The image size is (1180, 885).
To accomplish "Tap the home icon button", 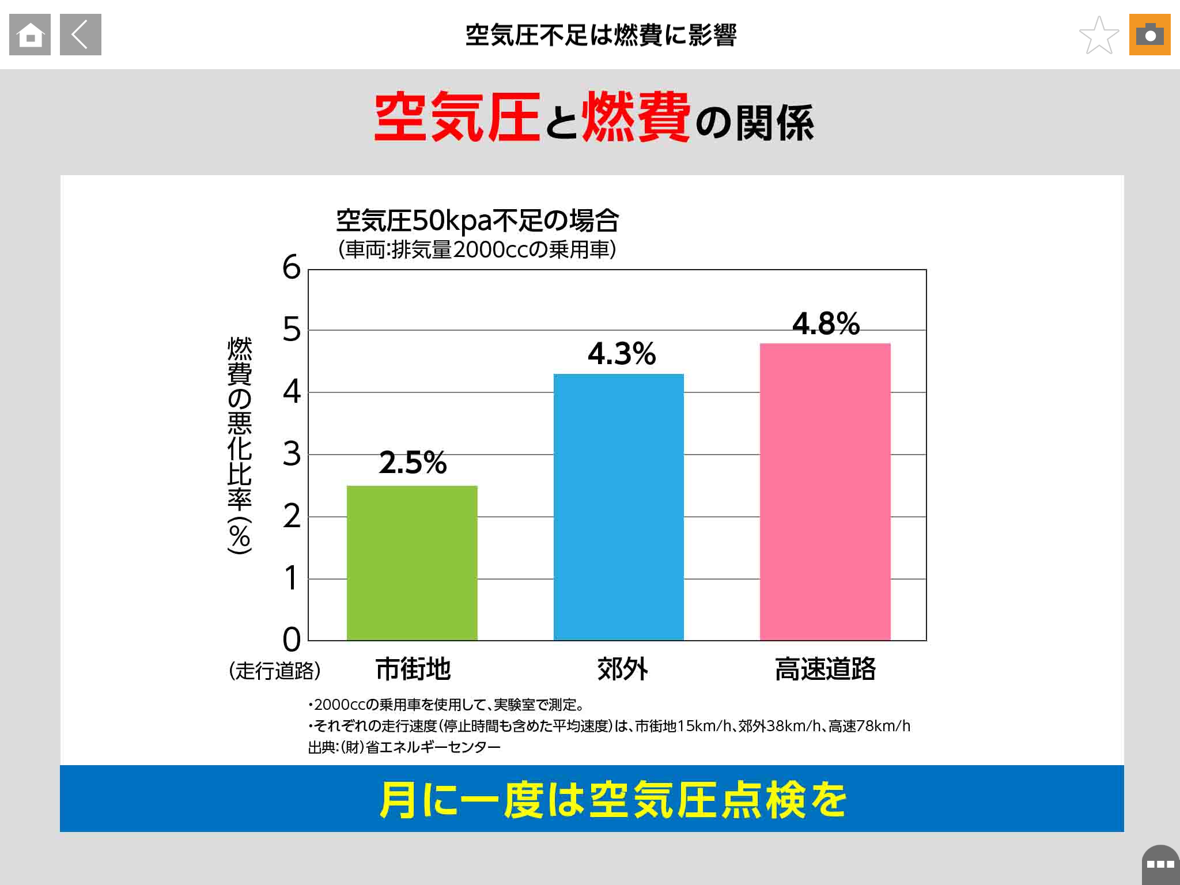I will point(30,35).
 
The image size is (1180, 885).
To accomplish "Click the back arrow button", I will point(81,35).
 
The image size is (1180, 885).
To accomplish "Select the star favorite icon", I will point(1099,35).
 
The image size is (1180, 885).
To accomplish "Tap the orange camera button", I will point(1149,35).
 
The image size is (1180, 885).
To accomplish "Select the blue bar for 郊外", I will point(619,507).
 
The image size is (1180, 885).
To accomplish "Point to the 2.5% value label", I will point(413,462).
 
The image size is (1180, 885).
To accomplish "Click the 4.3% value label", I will point(622,353).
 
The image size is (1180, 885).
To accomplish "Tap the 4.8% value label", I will point(826,323).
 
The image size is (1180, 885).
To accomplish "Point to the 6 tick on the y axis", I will point(292,267).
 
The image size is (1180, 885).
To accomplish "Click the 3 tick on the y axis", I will point(292,454).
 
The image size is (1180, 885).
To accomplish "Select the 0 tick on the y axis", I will point(292,640).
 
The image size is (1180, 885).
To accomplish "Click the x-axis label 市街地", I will point(413,669).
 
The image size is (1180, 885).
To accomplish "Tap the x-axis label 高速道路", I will point(825,669).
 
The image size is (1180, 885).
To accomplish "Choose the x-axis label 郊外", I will point(622,669).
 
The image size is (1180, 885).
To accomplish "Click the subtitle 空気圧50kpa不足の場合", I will point(477,220).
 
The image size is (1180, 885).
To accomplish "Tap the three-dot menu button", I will point(1160,864).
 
